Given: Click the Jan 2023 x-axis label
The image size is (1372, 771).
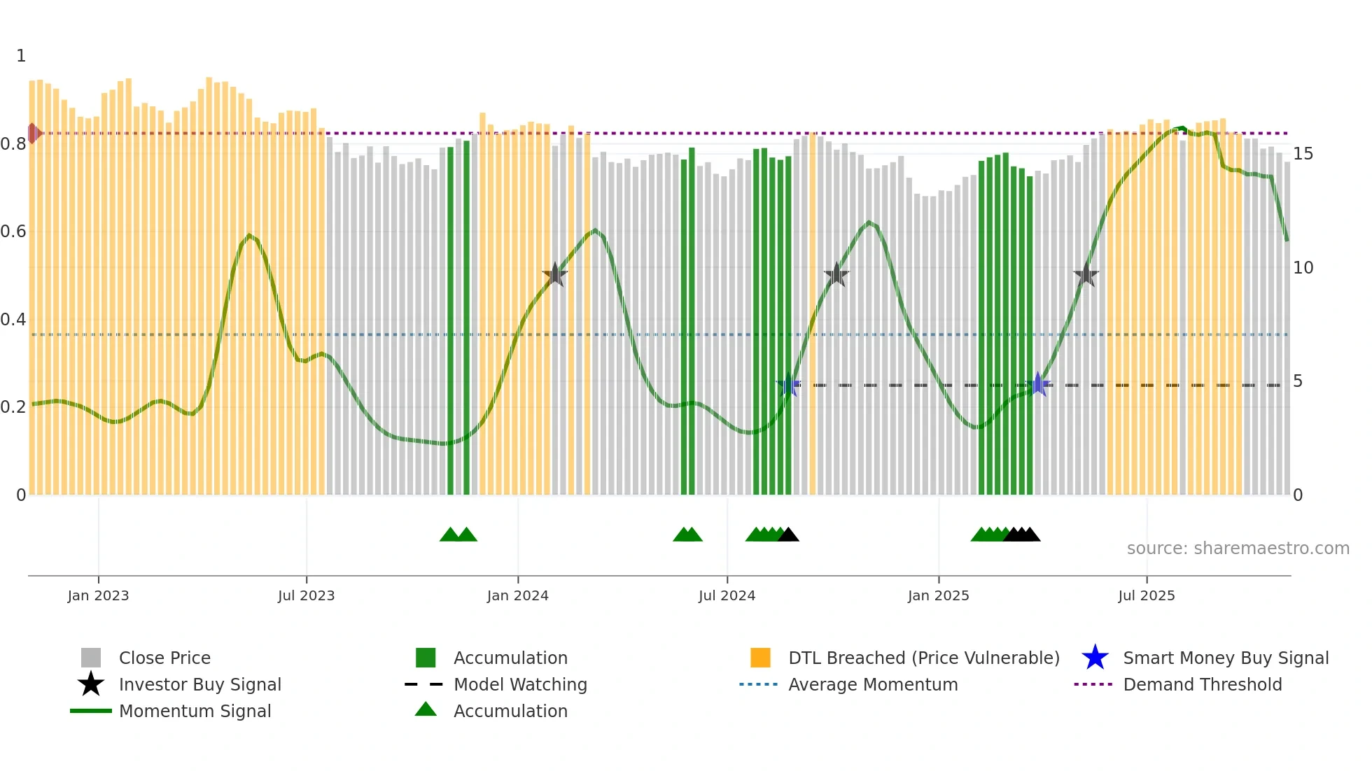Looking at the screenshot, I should point(98,595).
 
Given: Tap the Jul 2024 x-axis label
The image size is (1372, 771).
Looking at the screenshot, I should point(727,595).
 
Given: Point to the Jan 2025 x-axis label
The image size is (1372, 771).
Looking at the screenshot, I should point(938,595).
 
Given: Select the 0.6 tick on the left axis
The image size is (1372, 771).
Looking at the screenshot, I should point(13,232).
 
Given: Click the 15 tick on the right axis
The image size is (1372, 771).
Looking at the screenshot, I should point(1303,153).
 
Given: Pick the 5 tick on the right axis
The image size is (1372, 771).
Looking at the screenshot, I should point(1298,381).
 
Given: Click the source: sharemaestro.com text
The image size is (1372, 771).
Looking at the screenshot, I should point(1238,549).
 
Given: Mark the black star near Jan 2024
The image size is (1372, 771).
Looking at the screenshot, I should point(555,274).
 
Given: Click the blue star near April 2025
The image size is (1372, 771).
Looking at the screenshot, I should point(1037,384).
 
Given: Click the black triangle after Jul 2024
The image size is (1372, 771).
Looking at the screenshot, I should point(788,535).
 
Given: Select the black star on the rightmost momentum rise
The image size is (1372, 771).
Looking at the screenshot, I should point(1086,274).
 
